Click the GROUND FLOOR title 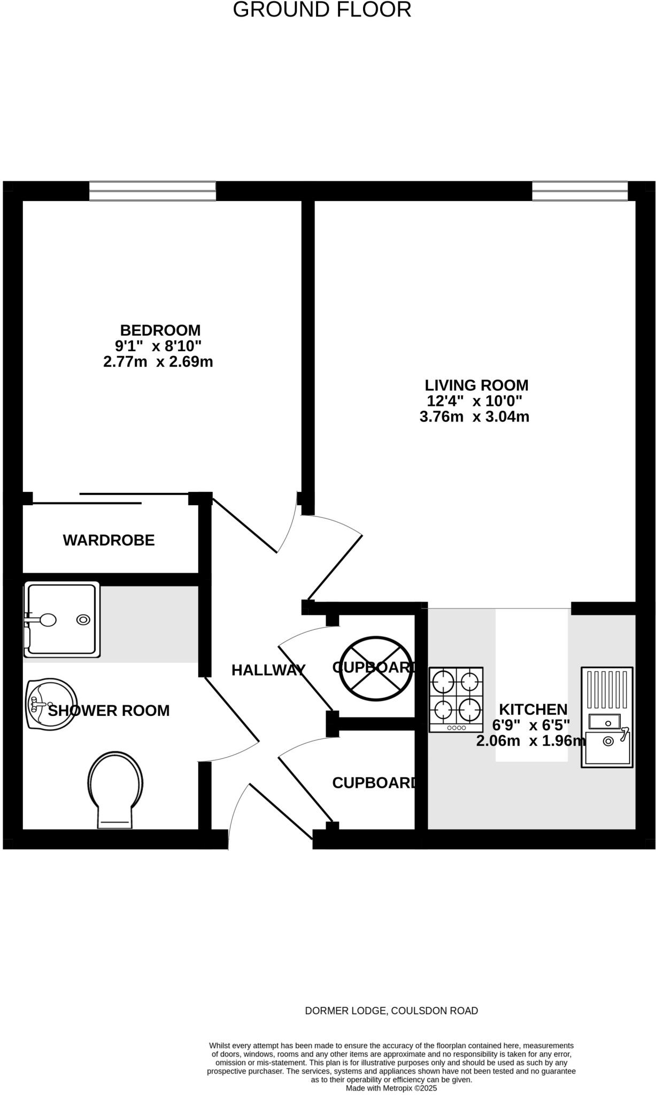[322, 10]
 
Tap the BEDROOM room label [160, 330]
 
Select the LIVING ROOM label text [476, 385]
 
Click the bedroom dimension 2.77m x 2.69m [158, 362]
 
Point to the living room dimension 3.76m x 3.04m [474, 417]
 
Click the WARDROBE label [109, 540]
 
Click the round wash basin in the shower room [51, 704]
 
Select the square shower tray [62, 619]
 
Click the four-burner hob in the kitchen [456, 699]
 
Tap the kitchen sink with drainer [607, 717]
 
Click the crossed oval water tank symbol [377, 668]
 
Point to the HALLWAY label [268, 670]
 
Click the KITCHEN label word [533, 710]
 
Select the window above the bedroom [152, 191]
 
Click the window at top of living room [580, 191]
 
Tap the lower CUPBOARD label [374, 783]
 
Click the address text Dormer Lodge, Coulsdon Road [391, 1011]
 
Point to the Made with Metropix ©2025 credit [391, 1088]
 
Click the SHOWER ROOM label [109, 711]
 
